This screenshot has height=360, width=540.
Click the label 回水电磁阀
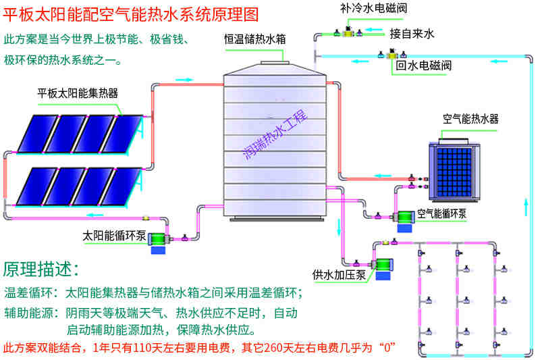tap(423, 66)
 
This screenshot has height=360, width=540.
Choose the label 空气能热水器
tap(470, 119)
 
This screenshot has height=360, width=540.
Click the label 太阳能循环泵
tap(114, 236)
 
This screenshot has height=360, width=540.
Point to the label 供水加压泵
tap(339, 274)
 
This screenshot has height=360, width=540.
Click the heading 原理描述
tap(41, 268)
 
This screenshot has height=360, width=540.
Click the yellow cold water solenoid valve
tap(349, 30)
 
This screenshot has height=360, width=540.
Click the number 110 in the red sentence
tap(139, 348)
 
